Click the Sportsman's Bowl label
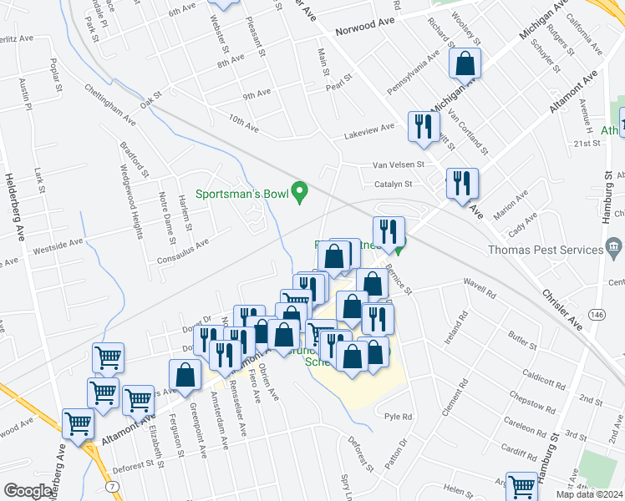pyautogui.click(x=241, y=194)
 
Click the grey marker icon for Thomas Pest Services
pyautogui.click(x=614, y=248)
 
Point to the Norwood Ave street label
pyautogui.click(x=363, y=30)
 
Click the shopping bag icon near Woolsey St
pyautogui.click(x=465, y=63)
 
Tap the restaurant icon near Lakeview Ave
pyautogui.click(x=423, y=126)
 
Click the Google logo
pyautogui.click(x=28, y=491)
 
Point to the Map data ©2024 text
pyautogui.click(x=589, y=494)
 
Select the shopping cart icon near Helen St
pyautogui.click(x=521, y=486)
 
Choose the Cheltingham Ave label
pyautogui.click(x=109, y=104)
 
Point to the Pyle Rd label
pyautogui.click(x=399, y=416)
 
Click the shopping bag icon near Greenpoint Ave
pyautogui.click(x=185, y=376)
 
